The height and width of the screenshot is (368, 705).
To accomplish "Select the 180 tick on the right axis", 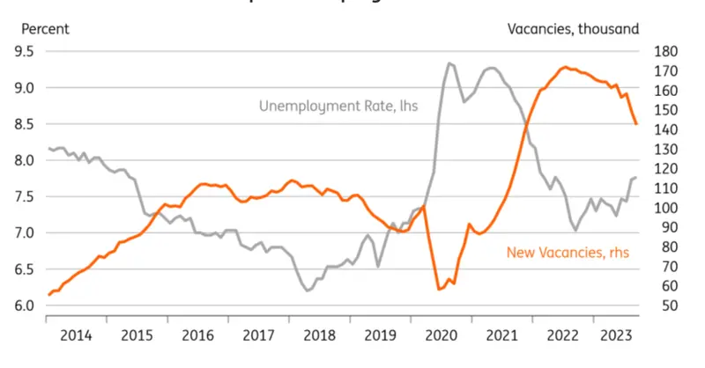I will pyautogui.click(x=664, y=51).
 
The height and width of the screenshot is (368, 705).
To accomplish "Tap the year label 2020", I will pyautogui.click(x=439, y=335).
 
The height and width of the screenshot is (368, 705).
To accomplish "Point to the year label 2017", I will pyautogui.click(x=257, y=335).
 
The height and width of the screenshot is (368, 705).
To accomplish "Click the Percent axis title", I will pyautogui.click(x=45, y=29).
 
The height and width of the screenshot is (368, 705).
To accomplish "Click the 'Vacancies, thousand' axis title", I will pyautogui.click(x=573, y=29).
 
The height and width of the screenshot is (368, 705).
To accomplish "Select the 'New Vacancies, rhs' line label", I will pyautogui.click(x=568, y=254).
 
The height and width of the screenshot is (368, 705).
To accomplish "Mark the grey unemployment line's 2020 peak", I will pyautogui.click(x=449, y=63).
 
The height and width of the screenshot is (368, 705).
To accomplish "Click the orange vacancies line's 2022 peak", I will pyautogui.click(x=565, y=67).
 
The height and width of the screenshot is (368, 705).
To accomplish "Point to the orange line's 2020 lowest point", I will pyautogui.click(x=439, y=289).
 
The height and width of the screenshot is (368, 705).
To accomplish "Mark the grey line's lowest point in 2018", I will pyautogui.click(x=308, y=290).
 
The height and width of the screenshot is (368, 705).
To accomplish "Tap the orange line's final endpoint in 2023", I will pyautogui.click(x=636, y=124).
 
